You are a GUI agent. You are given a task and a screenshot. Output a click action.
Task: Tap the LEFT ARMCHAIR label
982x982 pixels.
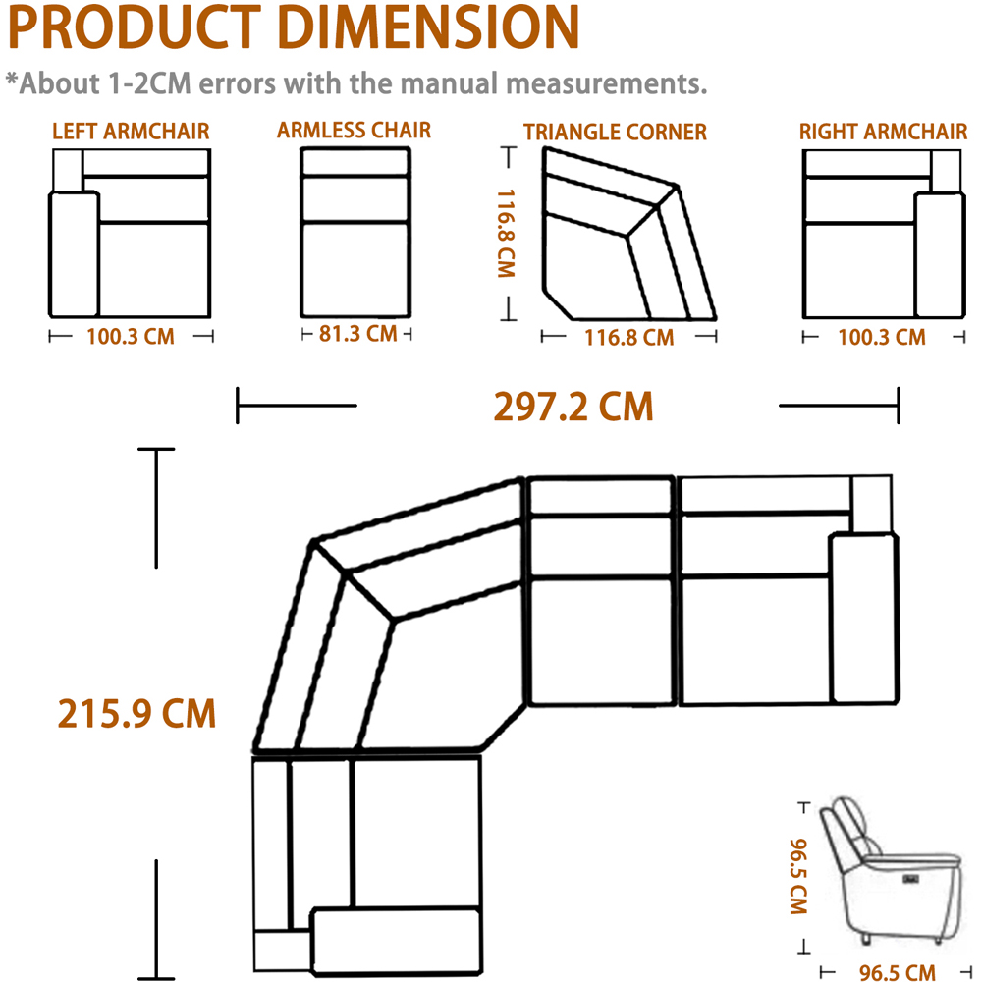(131, 132)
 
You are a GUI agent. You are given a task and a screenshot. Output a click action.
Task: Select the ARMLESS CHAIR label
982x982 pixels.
(354, 131)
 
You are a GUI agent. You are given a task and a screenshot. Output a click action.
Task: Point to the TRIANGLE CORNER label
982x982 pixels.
(615, 133)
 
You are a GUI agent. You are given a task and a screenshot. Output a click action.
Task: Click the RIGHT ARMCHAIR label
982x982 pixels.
(883, 132)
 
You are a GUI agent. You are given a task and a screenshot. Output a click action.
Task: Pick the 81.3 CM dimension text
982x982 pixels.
(358, 334)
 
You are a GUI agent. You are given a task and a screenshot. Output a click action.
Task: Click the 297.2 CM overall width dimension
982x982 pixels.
(573, 408)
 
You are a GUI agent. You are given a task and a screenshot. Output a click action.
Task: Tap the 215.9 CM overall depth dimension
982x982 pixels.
(136, 714)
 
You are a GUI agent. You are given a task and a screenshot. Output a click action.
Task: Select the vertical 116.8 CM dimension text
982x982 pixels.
(506, 234)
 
